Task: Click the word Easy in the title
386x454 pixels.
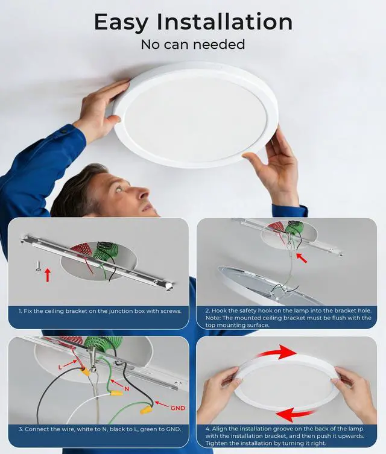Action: (121, 22)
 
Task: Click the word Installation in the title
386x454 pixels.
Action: (224, 22)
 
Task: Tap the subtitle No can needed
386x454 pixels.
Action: (193, 45)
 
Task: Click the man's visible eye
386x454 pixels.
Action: (118, 190)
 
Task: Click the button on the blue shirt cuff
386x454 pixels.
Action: (64, 132)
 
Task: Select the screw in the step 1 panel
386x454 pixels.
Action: (38, 266)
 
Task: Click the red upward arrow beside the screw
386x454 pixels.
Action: (48, 275)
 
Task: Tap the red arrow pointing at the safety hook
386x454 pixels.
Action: (302, 258)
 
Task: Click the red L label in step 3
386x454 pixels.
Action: (60, 367)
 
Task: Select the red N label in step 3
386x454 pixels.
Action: (127, 389)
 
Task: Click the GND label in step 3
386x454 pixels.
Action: (177, 408)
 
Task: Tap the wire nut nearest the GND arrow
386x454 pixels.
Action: (145, 410)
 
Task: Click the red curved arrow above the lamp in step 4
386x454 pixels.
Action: (277, 352)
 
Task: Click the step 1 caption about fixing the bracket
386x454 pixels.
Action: (100, 311)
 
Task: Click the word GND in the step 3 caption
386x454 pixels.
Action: (173, 429)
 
